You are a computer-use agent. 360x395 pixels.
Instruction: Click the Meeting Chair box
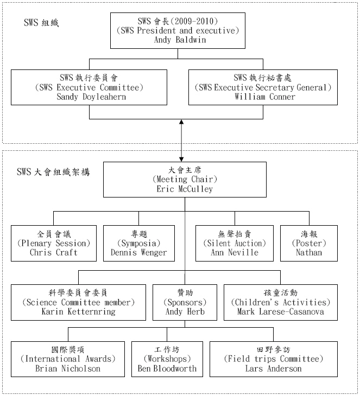coord(184,179)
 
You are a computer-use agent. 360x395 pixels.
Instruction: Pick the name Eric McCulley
coord(184,189)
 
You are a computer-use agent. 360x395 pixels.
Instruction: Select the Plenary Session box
coord(54,243)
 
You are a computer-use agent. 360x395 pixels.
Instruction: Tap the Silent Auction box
coord(234,243)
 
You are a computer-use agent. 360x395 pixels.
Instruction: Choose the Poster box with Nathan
coord(308,243)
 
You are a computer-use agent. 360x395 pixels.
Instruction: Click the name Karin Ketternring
coord(78,312)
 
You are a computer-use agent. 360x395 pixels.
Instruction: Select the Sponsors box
coord(185,302)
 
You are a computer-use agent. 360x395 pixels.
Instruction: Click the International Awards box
coord(68,359)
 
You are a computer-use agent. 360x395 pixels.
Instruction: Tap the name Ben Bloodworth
coord(167,369)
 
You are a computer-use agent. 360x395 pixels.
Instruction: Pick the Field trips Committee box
coord(273,359)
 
